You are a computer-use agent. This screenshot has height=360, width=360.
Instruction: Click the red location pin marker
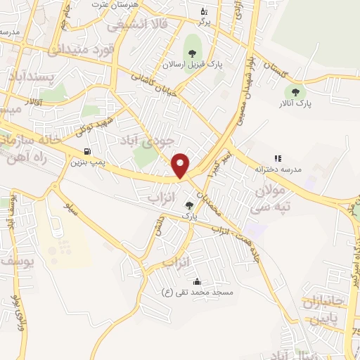click(181, 165)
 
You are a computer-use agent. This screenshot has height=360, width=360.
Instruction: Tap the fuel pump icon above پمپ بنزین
click(87, 151)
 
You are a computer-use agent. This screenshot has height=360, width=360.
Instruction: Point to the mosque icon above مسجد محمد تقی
click(195, 281)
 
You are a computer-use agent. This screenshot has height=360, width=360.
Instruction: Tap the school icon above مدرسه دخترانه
click(278, 159)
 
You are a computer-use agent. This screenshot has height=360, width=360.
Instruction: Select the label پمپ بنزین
click(86, 162)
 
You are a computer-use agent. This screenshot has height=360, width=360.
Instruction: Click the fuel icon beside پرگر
click(204, 11)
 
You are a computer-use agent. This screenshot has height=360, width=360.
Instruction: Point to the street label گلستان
click(270, 70)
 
